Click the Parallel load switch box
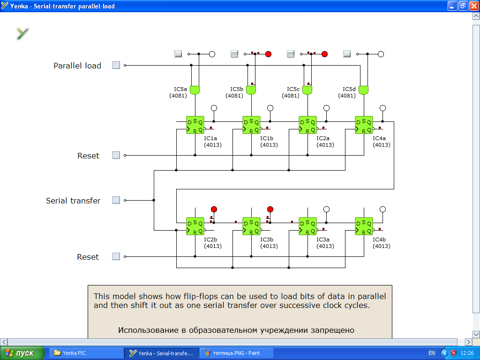(116, 65)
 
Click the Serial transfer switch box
(116, 200)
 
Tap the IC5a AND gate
(195, 90)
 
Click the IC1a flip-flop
(195, 125)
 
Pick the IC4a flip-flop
(364, 125)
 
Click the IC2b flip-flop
(195, 226)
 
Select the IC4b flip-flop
(364, 226)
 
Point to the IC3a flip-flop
(307, 226)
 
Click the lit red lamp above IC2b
(214, 209)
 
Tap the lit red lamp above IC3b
(270, 209)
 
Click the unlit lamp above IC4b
(382, 209)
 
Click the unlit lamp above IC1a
(214, 108)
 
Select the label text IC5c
(293, 89)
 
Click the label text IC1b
(267, 138)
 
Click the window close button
(473, 6)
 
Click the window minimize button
(452, 6)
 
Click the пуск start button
(22, 353)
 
